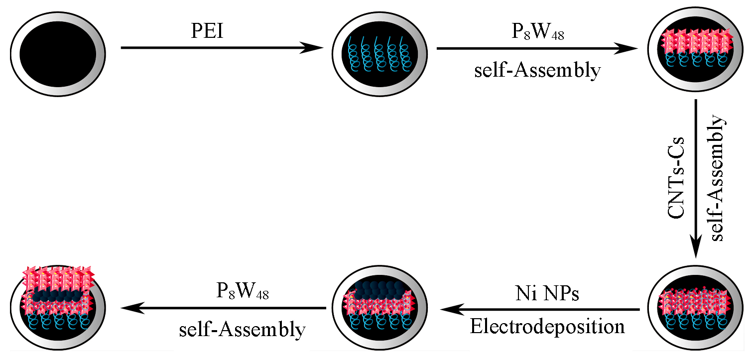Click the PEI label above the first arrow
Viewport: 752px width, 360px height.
click(208, 31)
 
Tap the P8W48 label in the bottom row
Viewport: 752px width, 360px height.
click(243, 291)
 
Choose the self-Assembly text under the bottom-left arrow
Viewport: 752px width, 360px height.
click(243, 330)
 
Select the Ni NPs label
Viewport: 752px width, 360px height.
click(547, 293)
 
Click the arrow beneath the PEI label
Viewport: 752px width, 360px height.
click(222, 48)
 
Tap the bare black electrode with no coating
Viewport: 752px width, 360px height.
click(58, 54)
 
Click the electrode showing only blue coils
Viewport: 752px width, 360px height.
click(379, 54)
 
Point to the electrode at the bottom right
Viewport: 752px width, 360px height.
click(695, 308)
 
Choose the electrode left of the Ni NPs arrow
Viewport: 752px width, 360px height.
click(379, 308)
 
